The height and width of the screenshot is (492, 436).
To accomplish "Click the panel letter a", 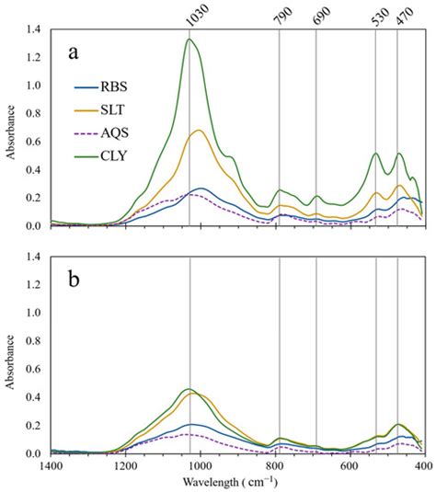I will click(x=75, y=52).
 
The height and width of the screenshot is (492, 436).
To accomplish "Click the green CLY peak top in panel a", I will click(x=189, y=40).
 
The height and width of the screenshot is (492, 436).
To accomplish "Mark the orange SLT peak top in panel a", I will click(x=199, y=131).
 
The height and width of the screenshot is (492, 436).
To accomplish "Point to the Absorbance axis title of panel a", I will click(x=10, y=128).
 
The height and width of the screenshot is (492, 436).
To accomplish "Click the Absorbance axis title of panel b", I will click(x=10, y=356).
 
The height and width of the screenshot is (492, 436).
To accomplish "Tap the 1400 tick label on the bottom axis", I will click(x=51, y=465).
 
